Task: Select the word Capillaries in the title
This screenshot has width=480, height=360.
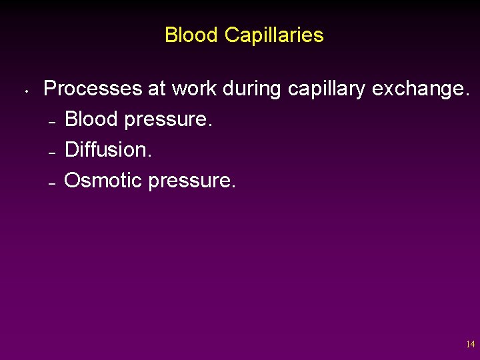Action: tap(274, 35)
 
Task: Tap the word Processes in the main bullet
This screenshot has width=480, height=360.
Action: tap(86, 89)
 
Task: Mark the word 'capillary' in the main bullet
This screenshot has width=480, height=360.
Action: tap(327, 89)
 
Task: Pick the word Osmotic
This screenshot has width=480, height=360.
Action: tap(103, 179)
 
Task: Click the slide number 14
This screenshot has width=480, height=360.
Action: tap(471, 345)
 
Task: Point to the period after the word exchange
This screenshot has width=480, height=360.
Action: tap(467, 95)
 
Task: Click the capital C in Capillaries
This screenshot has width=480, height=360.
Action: tap(231, 35)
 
